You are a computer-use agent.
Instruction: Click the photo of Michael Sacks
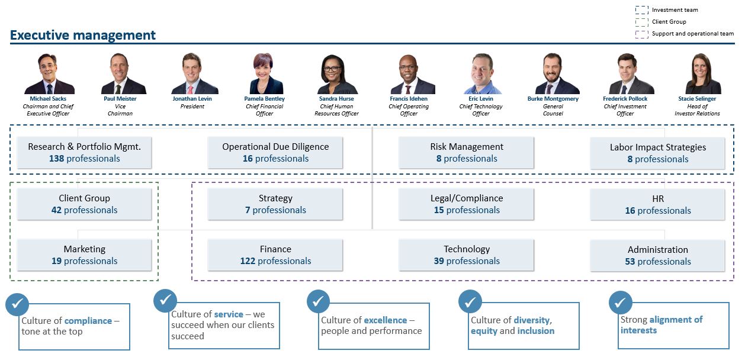49,74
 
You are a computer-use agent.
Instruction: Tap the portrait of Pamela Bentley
265,74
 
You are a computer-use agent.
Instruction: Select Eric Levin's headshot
481,74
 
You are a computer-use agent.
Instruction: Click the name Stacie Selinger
697,99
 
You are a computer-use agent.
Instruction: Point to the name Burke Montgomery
553,99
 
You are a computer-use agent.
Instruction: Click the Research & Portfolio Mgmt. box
84,153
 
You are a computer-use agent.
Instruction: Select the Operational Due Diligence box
275,153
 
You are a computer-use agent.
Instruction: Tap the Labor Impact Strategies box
657,153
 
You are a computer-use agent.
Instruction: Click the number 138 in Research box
57,159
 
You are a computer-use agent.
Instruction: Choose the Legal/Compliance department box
466,204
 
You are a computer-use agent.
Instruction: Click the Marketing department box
84,255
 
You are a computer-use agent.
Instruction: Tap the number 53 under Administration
630,262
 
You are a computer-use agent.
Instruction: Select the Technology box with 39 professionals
466,255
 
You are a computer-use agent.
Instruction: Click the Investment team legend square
641,10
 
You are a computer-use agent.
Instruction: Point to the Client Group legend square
641,22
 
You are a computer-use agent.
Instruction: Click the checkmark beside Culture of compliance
17,304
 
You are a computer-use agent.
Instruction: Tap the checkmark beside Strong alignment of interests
621,303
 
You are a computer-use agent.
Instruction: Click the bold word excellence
385,320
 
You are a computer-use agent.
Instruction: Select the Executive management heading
83,36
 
